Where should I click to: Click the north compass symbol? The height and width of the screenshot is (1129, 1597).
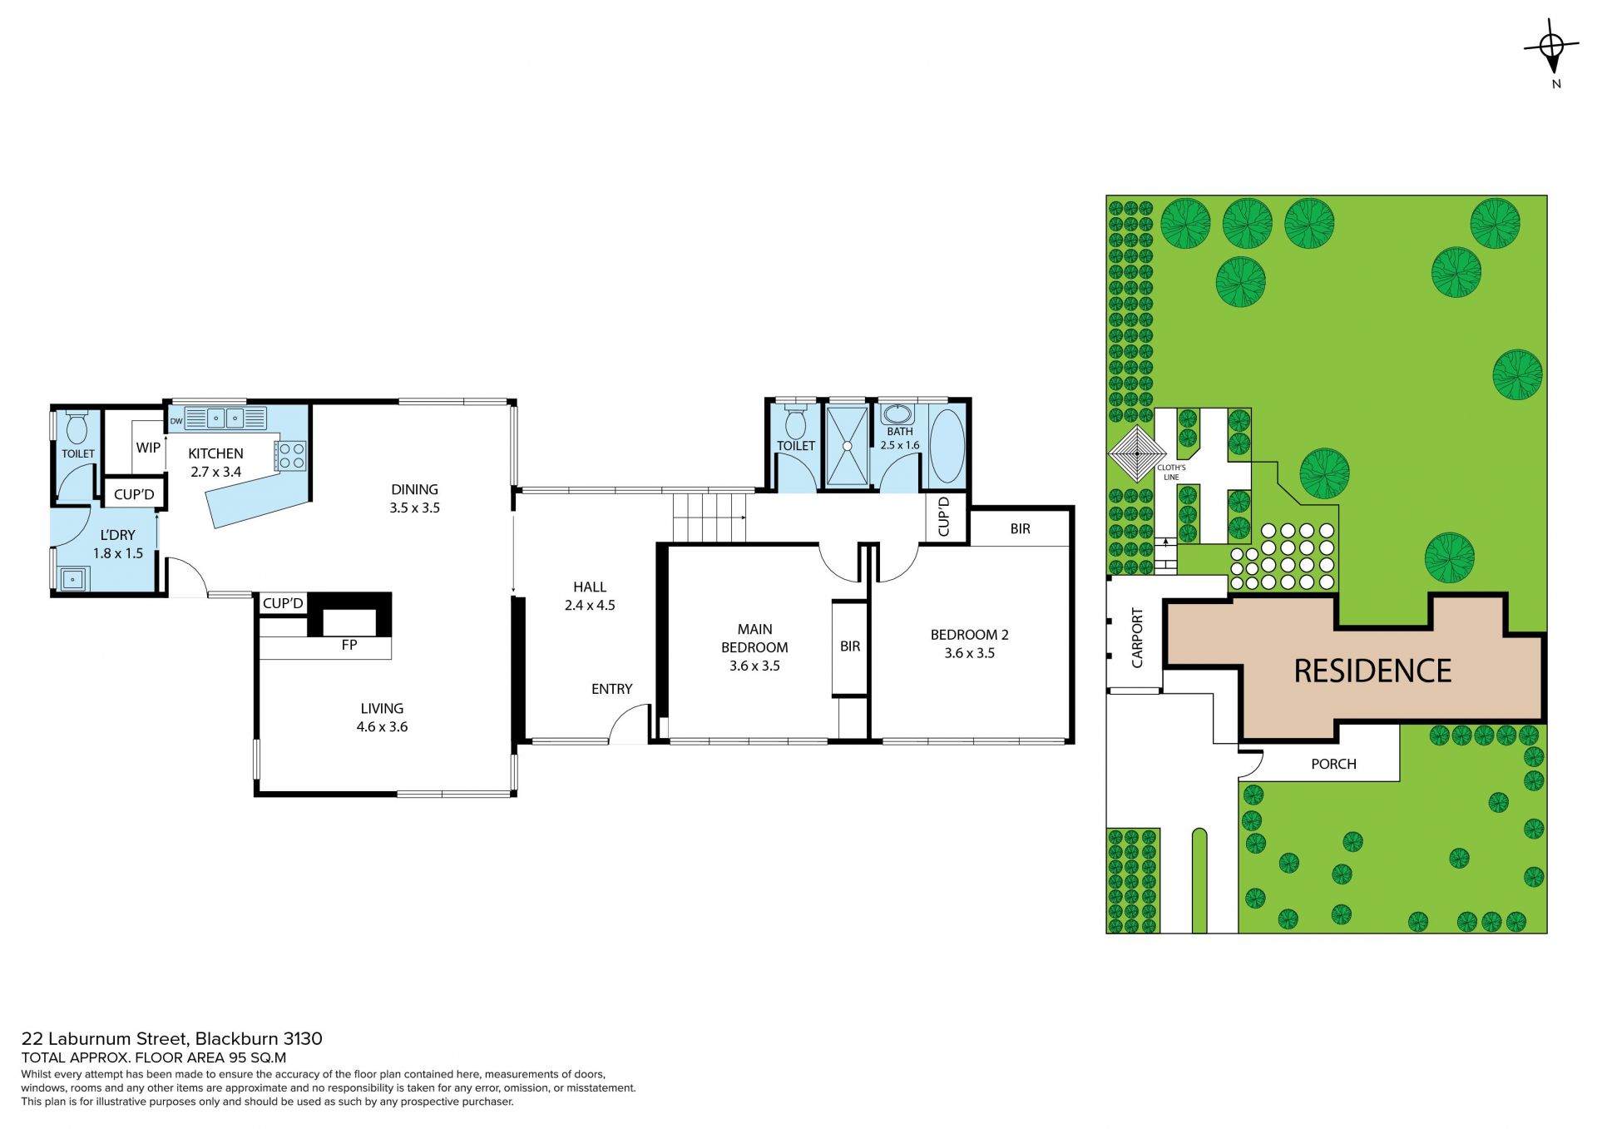(x=1551, y=48)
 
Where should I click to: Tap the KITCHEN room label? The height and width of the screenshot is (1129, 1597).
(x=215, y=453)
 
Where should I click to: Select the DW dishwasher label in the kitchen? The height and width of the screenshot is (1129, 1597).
(x=176, y=421)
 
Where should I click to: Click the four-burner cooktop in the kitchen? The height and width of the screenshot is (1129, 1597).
(x=291, y=455)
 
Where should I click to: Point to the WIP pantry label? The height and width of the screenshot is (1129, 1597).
(x=148, y=448)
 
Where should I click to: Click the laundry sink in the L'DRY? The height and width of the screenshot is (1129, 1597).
(x=73, y=578)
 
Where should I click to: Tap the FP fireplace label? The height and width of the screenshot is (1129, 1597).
(x=349, y=645)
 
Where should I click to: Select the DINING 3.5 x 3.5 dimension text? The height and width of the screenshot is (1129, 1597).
(x=414, y=508)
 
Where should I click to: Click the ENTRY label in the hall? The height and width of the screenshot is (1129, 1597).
(x=611, y=689)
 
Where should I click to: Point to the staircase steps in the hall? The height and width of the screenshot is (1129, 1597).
(x=709, y=517)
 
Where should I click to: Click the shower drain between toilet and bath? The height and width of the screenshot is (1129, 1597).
(x=847, y=446)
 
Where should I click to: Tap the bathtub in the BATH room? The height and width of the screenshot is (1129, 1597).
(x=947, y=445)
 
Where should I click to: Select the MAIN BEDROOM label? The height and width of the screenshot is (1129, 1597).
(x=754, y=638)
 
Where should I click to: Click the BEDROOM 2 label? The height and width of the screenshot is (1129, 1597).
(x=970, y=635)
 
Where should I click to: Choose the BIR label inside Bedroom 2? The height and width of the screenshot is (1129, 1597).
(x=1021, y=529)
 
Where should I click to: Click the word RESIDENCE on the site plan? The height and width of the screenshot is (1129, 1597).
(x=1372, y=671)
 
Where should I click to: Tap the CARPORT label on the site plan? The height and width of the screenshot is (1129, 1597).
(x=1137, y=638)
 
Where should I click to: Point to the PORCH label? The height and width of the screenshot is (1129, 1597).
(x=1333, y=764)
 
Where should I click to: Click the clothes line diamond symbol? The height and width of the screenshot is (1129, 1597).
(x=1138, y=454)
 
